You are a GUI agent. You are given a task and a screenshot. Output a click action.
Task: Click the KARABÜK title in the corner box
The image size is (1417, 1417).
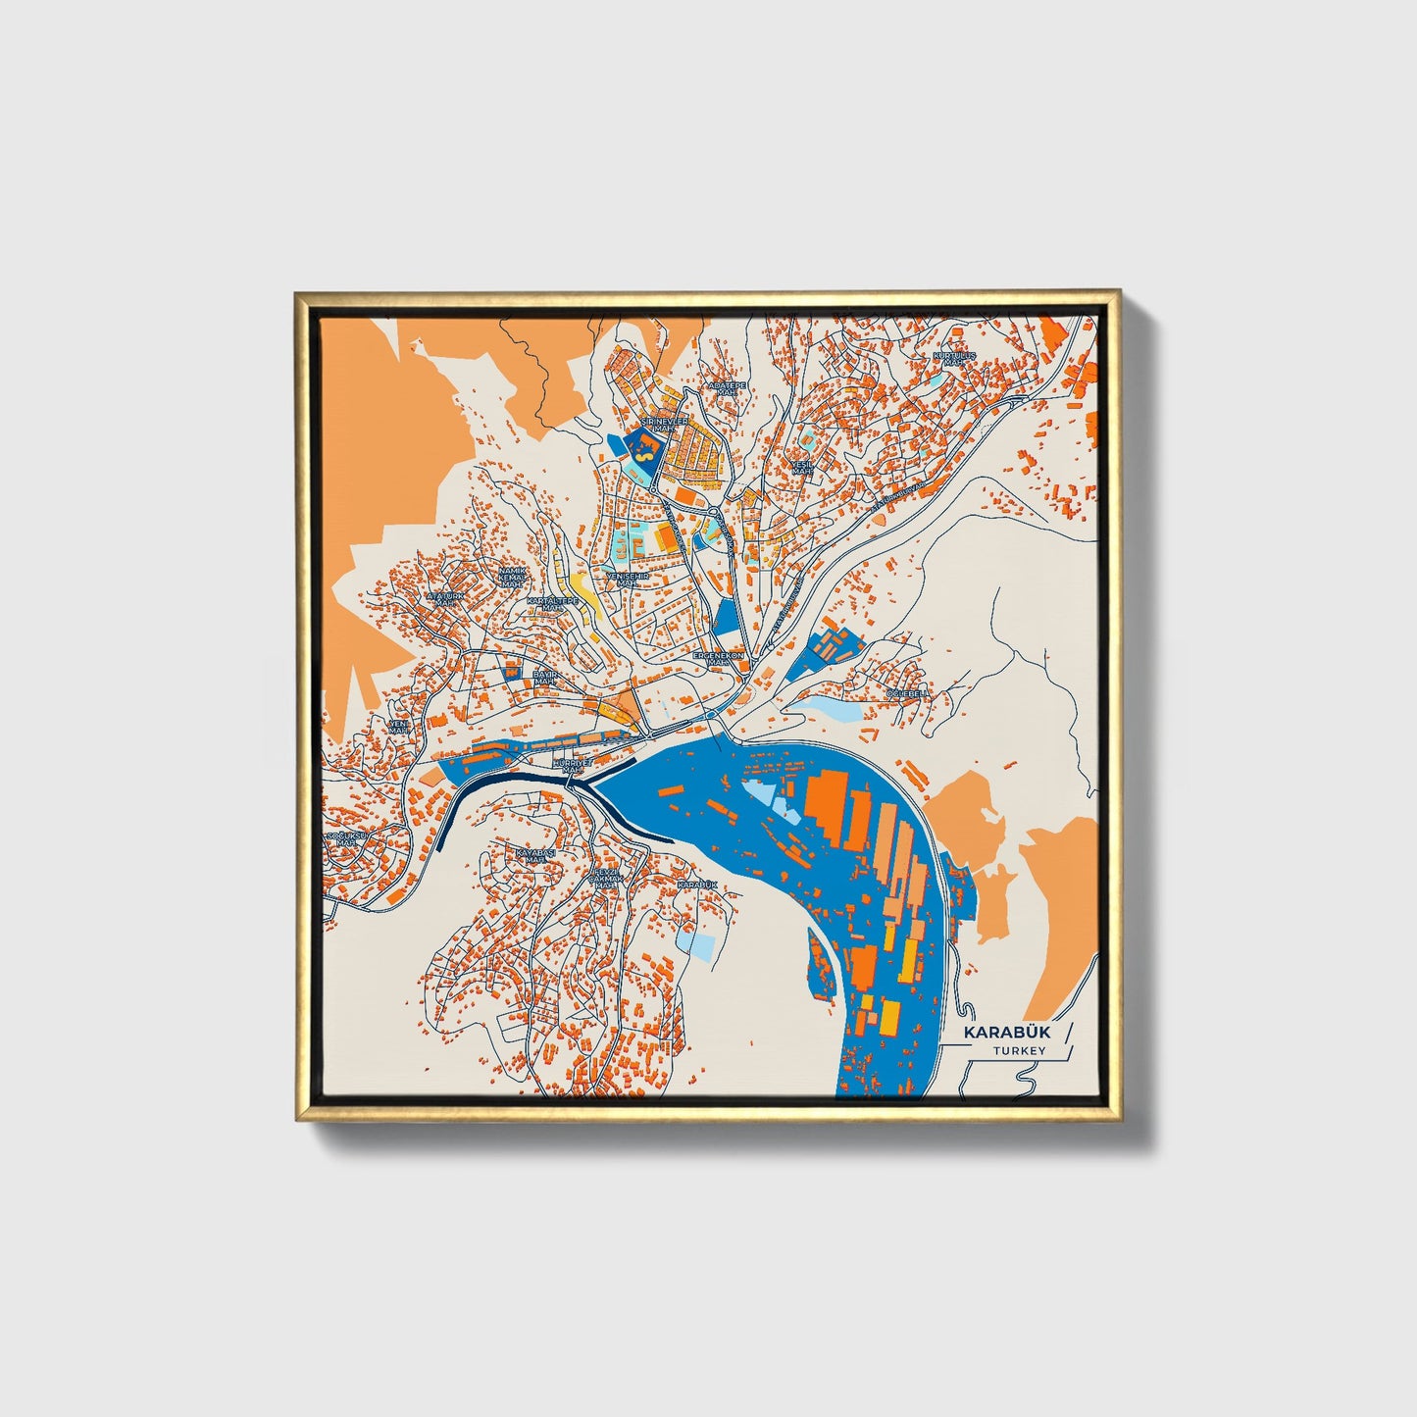[1003, 1033]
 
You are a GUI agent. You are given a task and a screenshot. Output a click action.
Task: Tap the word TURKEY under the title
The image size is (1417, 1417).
[1019, 1051]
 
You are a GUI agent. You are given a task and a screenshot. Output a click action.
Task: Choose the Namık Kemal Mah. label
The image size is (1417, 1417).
[512, 578]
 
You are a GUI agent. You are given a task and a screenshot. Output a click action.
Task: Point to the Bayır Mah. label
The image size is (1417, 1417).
[545, 679]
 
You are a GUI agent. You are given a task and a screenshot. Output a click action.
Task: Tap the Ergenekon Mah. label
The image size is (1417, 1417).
[719, 658]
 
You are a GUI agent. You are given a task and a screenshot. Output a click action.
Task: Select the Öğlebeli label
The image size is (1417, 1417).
[906, 693]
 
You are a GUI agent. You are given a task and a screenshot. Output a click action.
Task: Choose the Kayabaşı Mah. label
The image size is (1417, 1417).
[535, 856]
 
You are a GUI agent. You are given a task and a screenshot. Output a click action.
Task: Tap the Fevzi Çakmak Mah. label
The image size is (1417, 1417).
[606, 878]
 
